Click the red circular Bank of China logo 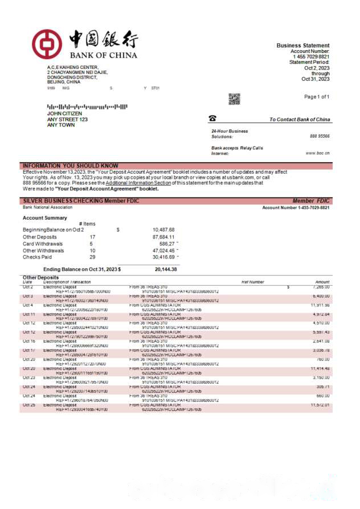[x=46, y=44]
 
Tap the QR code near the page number [x=234, y=100]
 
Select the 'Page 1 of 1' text [x=317, y=97]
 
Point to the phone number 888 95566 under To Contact [x=320, y=137]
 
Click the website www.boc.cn [x=318, y=153]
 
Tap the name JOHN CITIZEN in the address [x=64, y=113]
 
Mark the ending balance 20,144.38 [x=166, y=269]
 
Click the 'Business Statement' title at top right [x=303, y=46]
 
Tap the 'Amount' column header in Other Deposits [x=322, y=282]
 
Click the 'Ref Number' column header [x=253, y=282]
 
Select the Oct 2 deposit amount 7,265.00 [x=321, y=287]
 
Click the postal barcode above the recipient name [x=87, y=106]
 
